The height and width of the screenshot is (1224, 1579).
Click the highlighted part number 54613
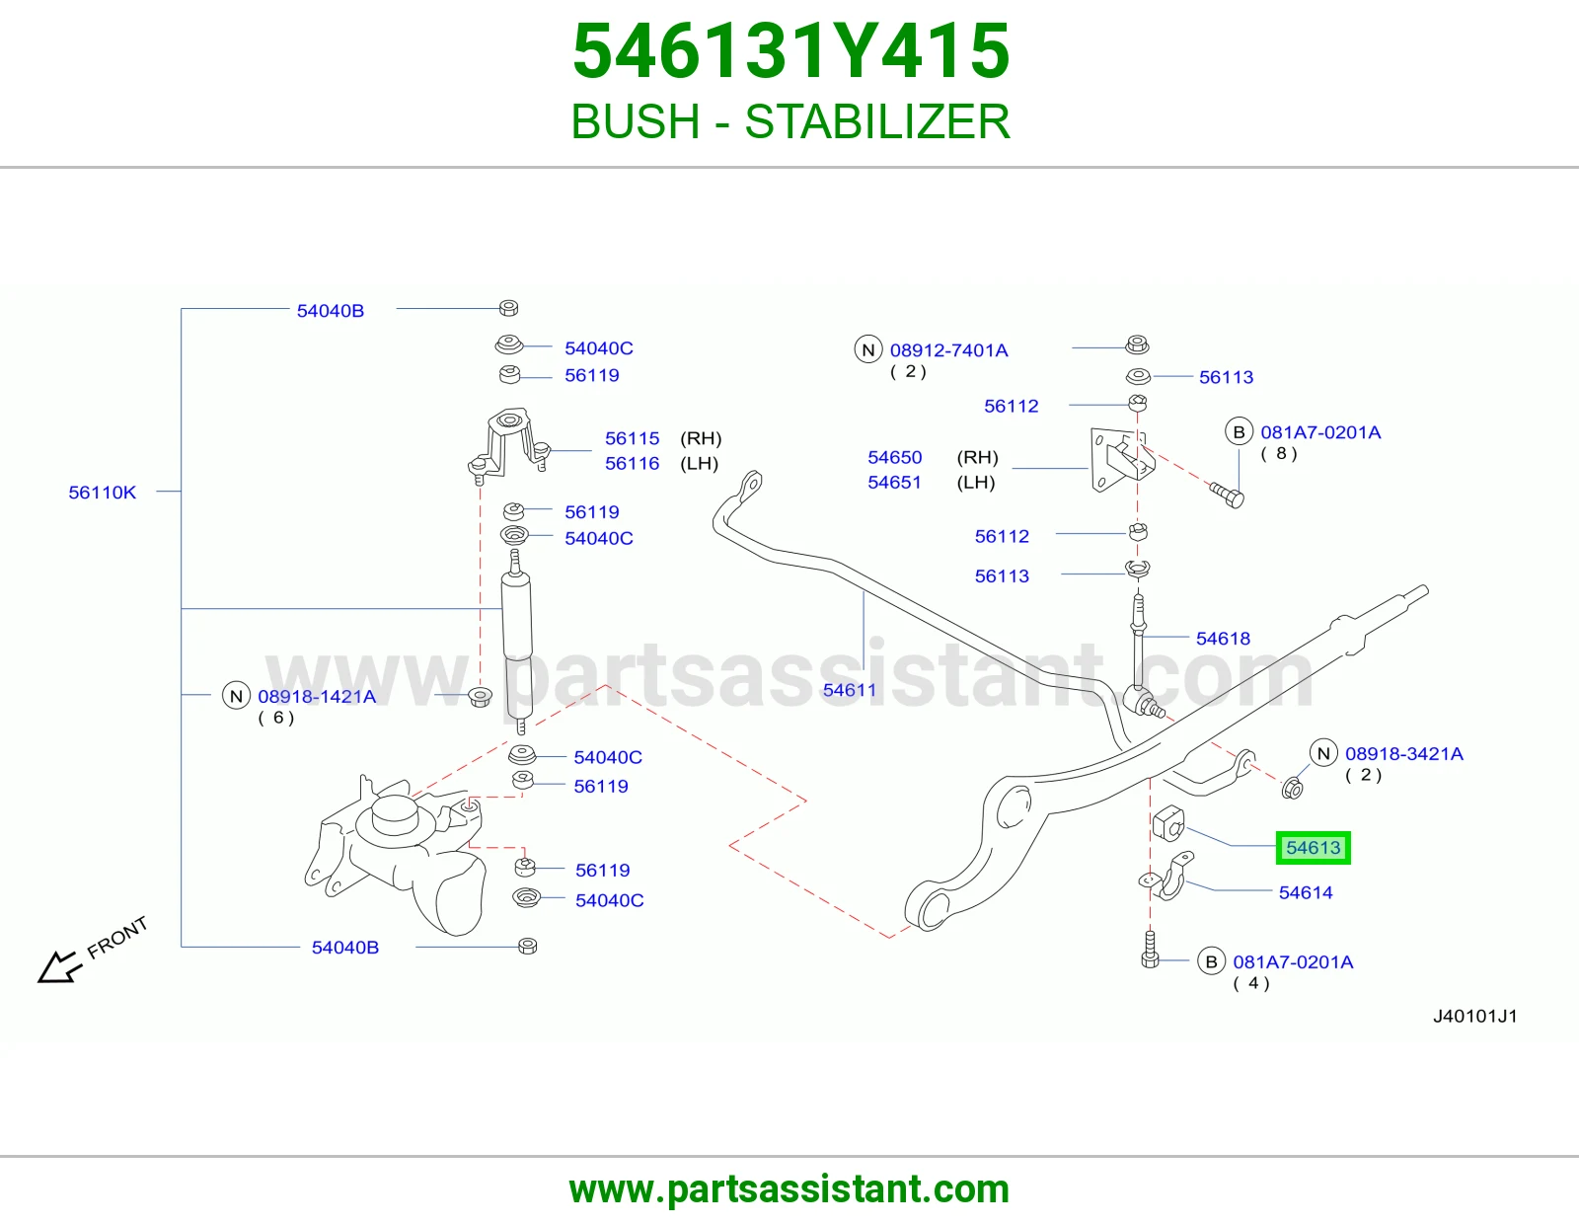tap(1313, 848)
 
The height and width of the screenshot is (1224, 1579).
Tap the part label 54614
tap(1305, 892)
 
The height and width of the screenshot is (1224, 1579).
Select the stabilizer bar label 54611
tap(849, 690)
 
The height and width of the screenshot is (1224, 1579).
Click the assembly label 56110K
tap(102, 493)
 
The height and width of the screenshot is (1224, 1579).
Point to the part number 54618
tap(1223, 639)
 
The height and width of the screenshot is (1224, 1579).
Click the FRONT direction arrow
tap(59, 966)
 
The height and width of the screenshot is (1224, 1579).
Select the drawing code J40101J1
tap(1474, 1016)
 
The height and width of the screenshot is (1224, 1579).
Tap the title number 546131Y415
tap(790, 51)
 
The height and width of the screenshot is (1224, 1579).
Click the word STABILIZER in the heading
tap(877, 121)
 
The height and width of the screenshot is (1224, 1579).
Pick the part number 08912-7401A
tap(949, 350)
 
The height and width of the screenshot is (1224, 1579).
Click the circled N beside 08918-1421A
tap(236, 696)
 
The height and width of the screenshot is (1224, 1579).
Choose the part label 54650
tap(894, 457)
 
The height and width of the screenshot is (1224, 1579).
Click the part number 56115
tap(633, 438)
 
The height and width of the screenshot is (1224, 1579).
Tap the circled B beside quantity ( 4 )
tap(1211, 961)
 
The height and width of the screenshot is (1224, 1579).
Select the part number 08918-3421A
tap(1404, 754)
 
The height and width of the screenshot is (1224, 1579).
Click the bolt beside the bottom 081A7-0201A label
tap(1150, 950)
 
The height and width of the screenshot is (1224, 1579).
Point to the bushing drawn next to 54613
tap(1168, 823)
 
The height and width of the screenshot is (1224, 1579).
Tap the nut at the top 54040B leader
tap(508, 307)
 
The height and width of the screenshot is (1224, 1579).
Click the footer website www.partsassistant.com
tap(789, 1189)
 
